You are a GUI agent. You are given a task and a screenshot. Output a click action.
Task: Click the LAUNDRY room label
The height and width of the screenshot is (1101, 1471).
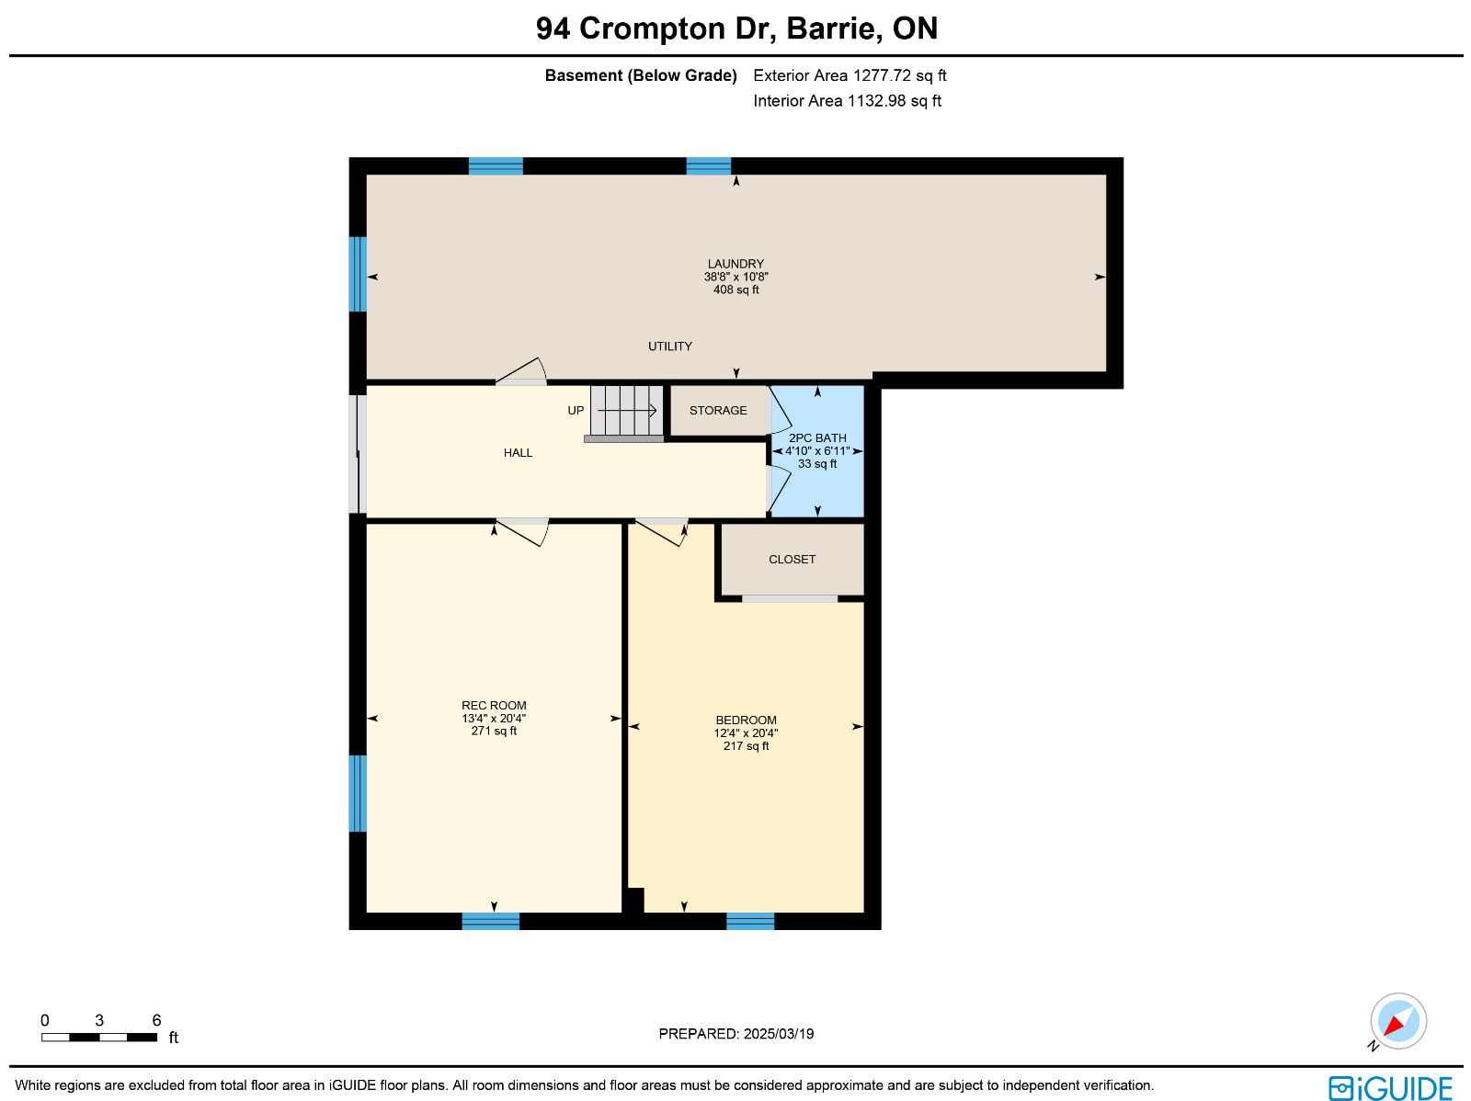[735, 264]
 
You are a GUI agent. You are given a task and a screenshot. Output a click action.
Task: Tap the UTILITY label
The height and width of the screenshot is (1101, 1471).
[669, 346]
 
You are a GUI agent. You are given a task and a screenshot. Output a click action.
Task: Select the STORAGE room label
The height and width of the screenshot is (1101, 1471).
[718, 411]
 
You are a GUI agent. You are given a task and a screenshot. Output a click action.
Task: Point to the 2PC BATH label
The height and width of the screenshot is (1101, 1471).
[817, 438]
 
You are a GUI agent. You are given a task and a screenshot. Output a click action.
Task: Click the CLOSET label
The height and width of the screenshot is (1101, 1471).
[792, 559]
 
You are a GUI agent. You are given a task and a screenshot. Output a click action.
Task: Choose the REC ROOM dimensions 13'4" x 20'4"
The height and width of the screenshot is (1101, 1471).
[493, 718]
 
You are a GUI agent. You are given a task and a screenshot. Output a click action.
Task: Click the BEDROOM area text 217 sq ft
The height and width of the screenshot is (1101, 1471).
[746, 745]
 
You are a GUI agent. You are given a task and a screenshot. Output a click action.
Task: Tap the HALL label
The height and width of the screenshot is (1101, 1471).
[518, 453]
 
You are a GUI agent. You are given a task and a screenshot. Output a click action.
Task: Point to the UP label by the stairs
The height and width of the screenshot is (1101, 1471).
[576, 411]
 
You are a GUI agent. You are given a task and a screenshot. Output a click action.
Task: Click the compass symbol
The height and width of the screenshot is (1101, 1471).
[1398, 1021]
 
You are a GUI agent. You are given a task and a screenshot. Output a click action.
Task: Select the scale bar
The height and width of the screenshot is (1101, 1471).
[99, 1038]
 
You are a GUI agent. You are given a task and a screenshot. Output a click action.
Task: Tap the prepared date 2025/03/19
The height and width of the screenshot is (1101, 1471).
[778, 1033]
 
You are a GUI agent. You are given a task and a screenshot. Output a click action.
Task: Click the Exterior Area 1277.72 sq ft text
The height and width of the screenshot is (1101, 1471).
[850, 75]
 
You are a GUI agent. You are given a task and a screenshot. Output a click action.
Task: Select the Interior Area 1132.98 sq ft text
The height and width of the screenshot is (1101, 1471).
[847, 100]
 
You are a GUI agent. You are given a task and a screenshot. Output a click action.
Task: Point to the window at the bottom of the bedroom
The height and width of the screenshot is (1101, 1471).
[750, 921]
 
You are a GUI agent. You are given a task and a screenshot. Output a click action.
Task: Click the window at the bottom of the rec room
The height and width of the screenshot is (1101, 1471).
[491, 921]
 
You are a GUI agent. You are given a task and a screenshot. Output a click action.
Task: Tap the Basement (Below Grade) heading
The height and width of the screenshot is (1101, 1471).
[641, 75]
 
